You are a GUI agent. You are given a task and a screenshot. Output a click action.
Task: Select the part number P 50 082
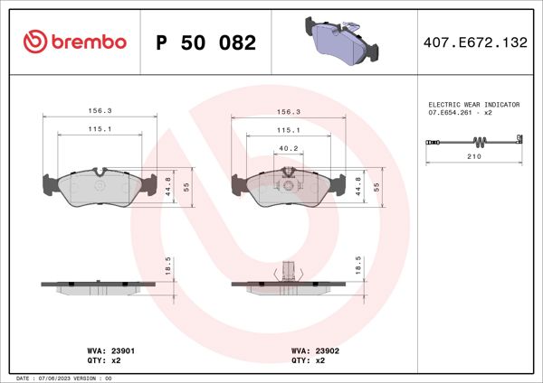pyautogui.click(x=205, y=42)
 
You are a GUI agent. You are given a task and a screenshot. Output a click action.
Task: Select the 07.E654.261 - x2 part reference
pyautogui.click(x=461, y=115)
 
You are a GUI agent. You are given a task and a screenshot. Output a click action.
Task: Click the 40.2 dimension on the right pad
pyautogui.click(x=289, y=148)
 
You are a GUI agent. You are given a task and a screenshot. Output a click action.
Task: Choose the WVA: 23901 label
pyautogui.click(x=111, y=349)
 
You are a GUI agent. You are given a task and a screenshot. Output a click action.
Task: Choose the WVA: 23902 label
pyautogui.click(x=314, y=349)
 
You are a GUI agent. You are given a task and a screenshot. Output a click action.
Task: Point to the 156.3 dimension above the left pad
pyautogui.click(x=100, y=112)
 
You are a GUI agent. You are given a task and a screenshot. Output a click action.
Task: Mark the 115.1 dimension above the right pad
pyautogui.click(x=289, y=130)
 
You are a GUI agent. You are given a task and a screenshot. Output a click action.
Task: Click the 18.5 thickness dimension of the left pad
pyautogui.click(x=168, y=265)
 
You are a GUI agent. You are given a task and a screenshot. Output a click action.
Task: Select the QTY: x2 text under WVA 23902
pyautogui.click(x=308, y=360)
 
